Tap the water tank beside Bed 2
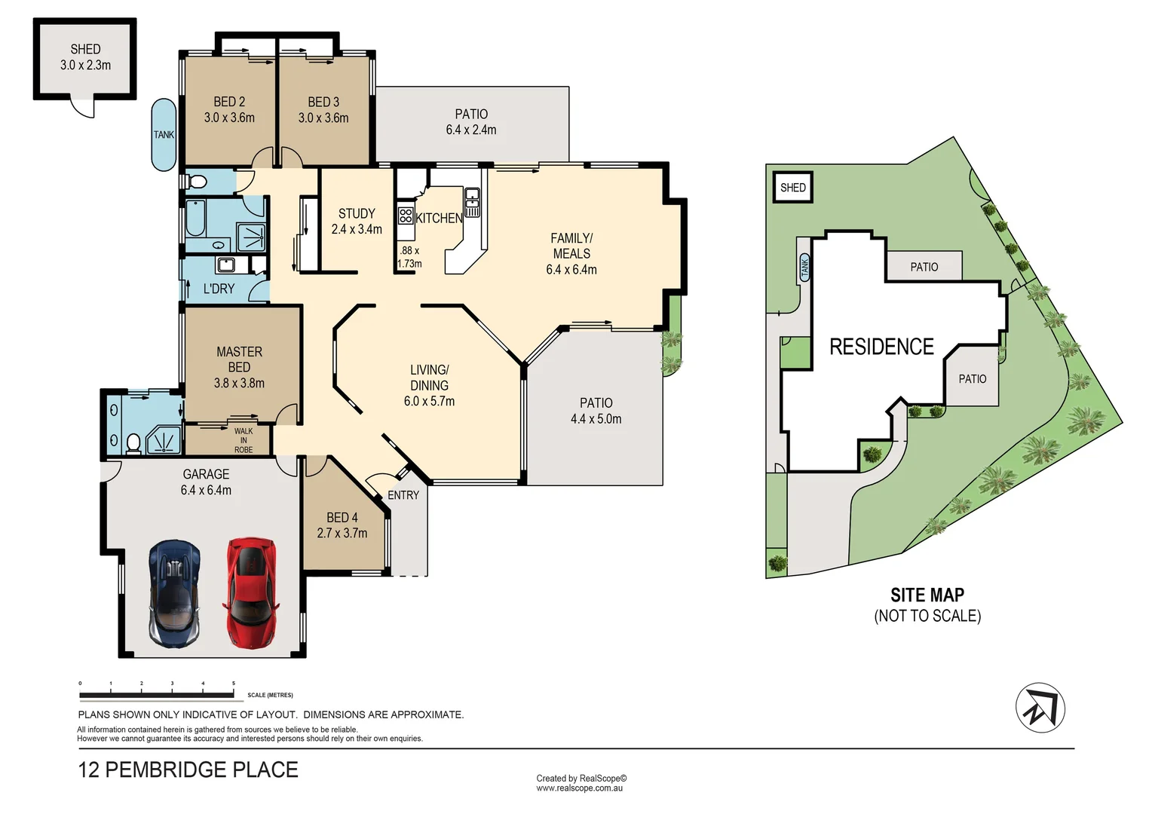coord(164,135)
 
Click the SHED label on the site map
coord(792,188)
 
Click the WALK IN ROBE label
coord(243,440)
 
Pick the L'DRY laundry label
coord(219,289)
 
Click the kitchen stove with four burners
coord(406,216)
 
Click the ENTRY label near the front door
coord(403,495)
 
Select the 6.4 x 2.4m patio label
coord(471,122)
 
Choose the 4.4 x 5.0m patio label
coord(596,411)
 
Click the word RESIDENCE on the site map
coord(881,347)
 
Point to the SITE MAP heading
coord(927,595)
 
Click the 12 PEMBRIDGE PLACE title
coord(188,770)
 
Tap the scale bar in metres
coord(157,694)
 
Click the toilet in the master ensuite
coord(134,443)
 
